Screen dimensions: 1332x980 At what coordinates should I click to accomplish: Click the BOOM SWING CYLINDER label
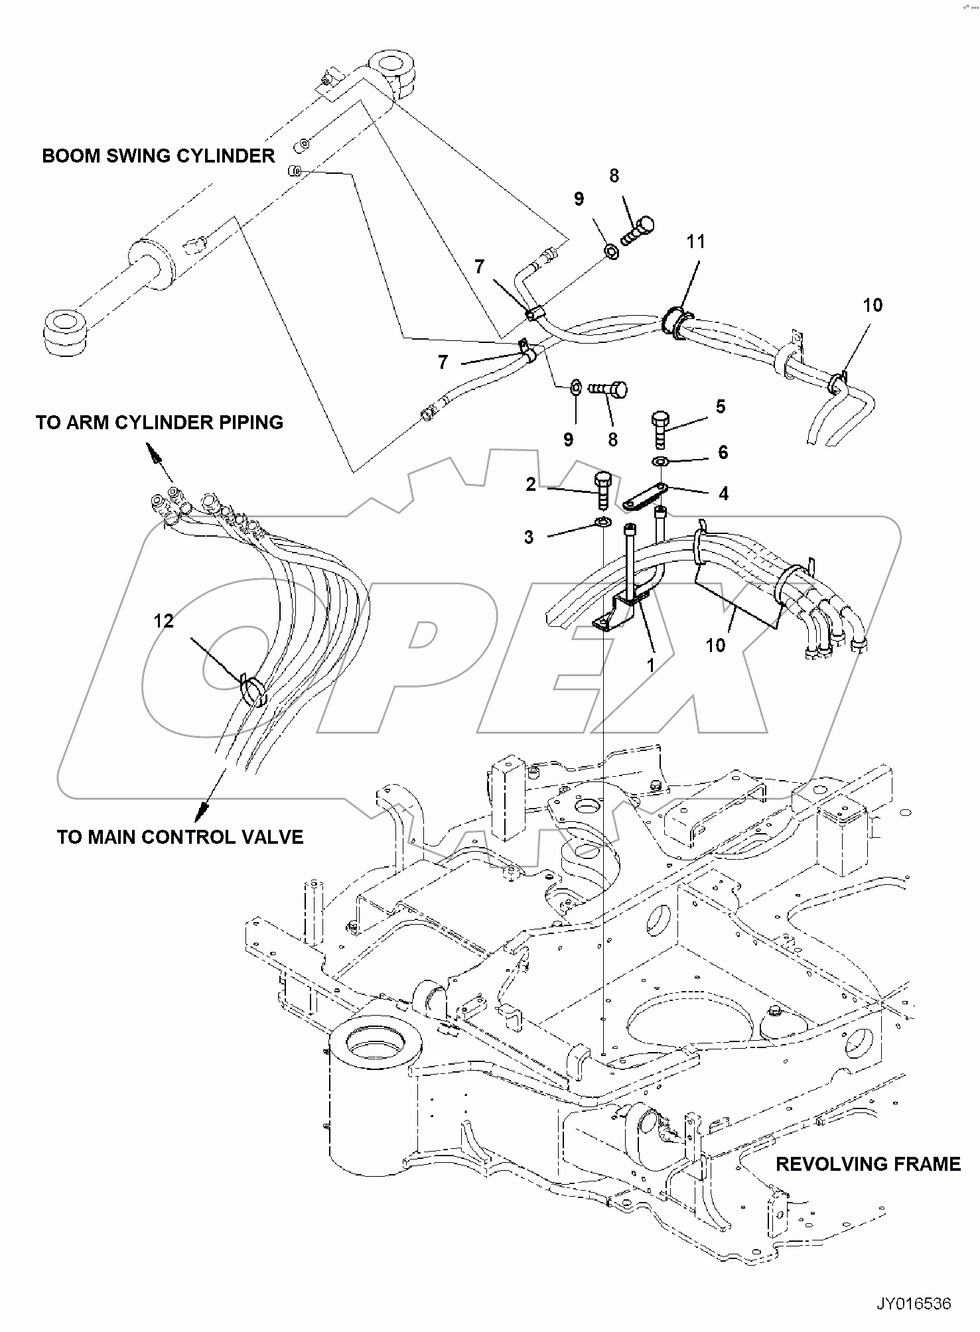point(158,156)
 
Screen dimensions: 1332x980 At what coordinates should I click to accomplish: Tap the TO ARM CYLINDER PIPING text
point(159,423)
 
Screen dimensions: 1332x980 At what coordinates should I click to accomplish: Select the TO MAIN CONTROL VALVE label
point(180,837)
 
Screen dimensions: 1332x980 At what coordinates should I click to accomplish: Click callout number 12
point(163,621)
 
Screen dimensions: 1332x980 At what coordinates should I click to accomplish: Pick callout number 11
point(695,242)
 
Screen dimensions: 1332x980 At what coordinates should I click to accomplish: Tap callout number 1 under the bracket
point(651,664)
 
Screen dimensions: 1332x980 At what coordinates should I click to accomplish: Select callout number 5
point(721,407)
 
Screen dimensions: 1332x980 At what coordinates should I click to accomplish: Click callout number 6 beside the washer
point(723,452)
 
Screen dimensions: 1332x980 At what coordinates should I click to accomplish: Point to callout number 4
point(723,493)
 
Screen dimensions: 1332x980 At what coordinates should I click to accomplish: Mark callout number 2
point(531,485)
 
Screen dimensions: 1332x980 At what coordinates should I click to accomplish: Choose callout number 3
point(529,537)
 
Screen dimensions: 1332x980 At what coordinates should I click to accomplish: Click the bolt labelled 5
point(662,429)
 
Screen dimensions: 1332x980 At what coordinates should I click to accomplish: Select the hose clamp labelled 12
point(253,691)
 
